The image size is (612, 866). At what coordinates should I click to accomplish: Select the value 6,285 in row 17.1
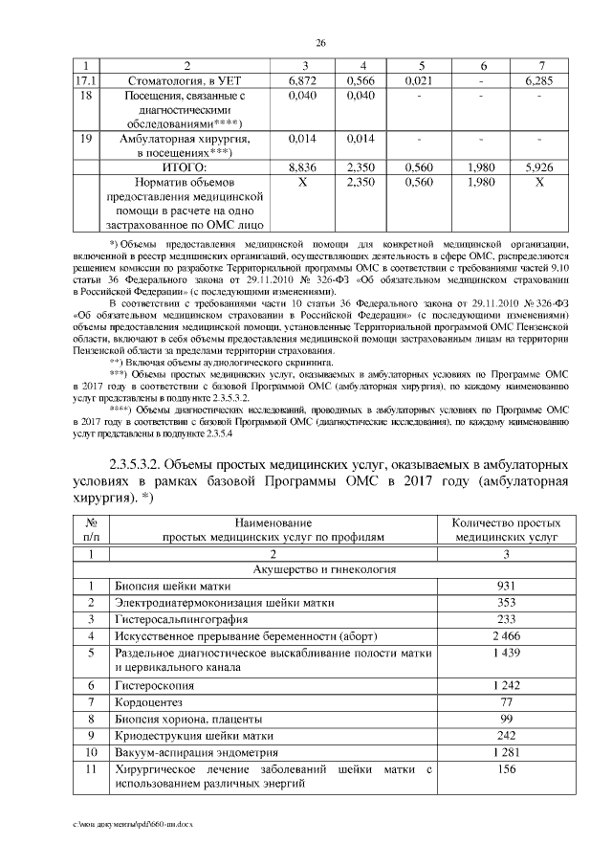pos(541,81)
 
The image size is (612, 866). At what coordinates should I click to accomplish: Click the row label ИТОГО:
pos(187,166)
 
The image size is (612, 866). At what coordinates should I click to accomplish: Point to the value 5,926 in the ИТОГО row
pos(541,166)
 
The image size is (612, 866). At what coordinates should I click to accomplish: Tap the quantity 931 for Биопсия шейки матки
pos(507,586)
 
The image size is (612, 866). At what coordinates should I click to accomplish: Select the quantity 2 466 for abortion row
pos(507,635)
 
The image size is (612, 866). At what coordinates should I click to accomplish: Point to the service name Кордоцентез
pos(149,702)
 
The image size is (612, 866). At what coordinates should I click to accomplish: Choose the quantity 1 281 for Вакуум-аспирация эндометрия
pos(507,753)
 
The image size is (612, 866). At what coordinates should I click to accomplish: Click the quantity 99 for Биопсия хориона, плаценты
pos(507,720)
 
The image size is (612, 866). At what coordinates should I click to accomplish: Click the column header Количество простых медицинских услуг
pos(507,531)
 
